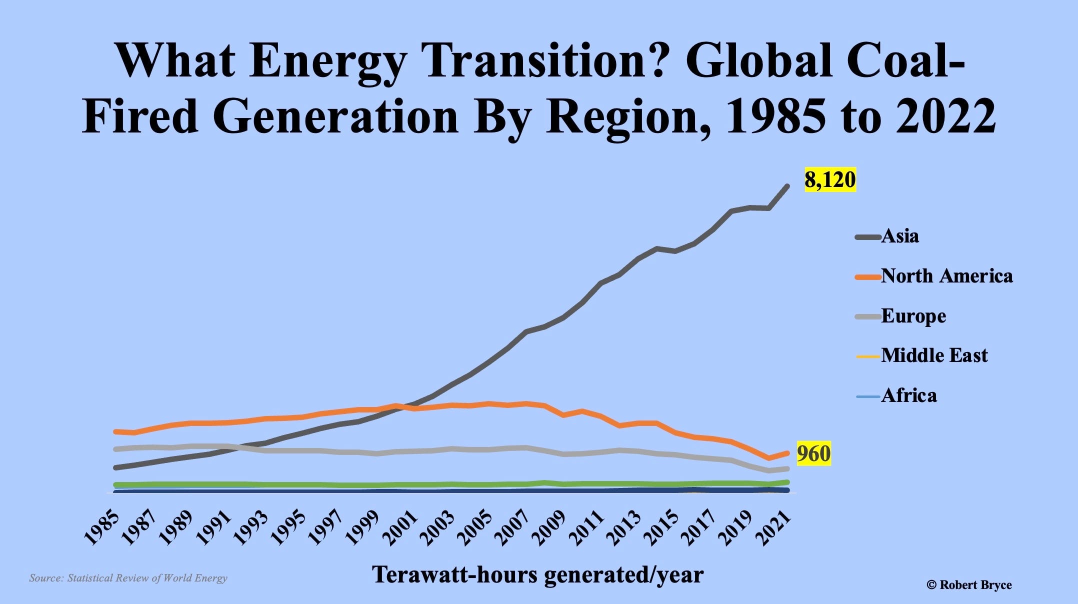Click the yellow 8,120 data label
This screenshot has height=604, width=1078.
point(830,179)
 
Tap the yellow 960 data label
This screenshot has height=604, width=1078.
point(813,453)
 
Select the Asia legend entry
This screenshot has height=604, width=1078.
point(899,236)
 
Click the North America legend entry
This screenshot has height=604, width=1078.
point(946,276)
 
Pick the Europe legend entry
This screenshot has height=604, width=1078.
point(913,316)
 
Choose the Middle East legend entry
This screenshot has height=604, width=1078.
point(934,355)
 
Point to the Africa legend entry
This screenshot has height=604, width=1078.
point(908,395)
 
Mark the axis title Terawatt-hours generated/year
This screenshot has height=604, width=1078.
point(538,575)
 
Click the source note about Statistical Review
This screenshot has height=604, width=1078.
point(128,578)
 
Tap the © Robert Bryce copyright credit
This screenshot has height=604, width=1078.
point(969,584)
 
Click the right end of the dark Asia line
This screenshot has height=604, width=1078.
point(787,186)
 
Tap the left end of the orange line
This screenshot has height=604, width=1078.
point(116,431)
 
